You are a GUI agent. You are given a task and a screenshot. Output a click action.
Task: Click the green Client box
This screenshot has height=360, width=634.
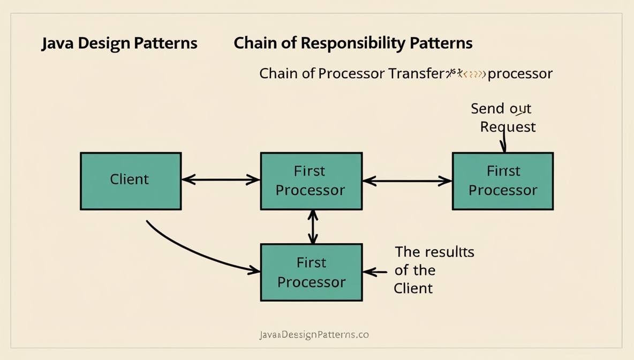[131, 181]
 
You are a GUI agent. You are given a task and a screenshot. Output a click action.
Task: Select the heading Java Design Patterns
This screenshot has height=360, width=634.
[119, 43]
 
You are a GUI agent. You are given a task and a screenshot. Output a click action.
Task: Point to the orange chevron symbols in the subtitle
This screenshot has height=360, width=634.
[473, 74]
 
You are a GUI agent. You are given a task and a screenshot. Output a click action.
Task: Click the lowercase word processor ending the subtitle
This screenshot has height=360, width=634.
[520, 73]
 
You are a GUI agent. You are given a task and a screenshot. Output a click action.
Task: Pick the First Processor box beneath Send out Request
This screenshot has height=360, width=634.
[503, 181]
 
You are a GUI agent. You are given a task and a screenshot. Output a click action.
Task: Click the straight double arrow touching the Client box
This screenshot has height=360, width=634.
[221, 180]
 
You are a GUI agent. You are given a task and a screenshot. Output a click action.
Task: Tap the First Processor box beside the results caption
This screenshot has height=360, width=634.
[311, 272]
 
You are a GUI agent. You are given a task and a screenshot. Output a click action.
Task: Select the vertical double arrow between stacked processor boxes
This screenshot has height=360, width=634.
[313, 227]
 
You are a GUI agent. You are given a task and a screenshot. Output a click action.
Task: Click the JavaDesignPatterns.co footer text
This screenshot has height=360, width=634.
[314, 335]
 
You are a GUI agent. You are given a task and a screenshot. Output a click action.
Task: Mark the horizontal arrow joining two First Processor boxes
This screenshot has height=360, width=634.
[407, 181]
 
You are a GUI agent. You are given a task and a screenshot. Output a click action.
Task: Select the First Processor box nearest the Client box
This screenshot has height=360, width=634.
[311, 181]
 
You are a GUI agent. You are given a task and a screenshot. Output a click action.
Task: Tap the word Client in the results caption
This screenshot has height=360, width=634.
[413, 288]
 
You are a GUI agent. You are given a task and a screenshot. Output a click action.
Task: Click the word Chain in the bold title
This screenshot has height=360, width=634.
[254, 43]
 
